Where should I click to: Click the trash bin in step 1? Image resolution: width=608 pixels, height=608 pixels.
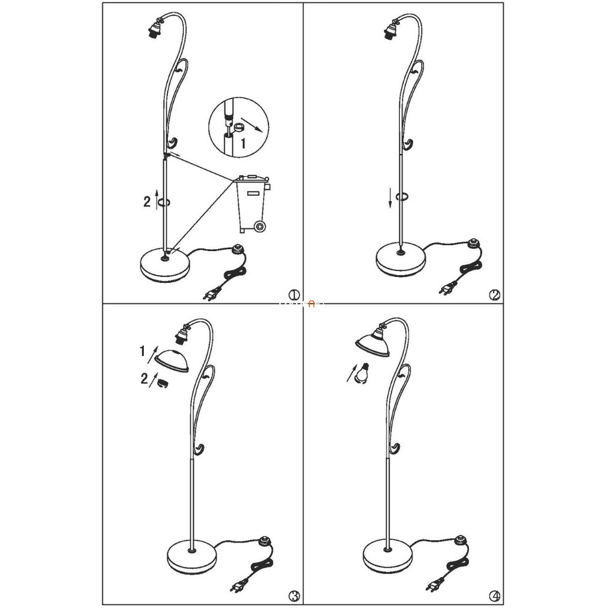click(x=252, y=204)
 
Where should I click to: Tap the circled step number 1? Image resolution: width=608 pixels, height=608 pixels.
click(x=294, y=296)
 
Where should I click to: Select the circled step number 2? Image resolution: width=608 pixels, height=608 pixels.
click(x=494, y=296)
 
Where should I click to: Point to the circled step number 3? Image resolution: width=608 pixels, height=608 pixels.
click(x=294, y=595)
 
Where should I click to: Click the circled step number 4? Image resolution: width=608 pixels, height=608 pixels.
click(x=494, y=595)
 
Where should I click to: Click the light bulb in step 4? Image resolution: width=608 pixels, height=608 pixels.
click(x=362, y=372)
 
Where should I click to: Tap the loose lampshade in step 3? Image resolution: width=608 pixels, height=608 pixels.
click(x=172, y=361)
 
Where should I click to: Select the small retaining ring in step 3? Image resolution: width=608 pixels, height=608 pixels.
click(x=163, y=384)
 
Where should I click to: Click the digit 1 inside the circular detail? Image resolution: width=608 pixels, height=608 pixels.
click(x=243, y=144)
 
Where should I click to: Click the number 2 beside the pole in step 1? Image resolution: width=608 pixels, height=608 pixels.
click(x=146, y=202)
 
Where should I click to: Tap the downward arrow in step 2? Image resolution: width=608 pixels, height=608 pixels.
click(x=391, y=198)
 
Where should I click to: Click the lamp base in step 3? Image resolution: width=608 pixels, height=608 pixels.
click(x=191, y=556)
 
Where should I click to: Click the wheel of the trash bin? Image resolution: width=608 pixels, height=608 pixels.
click(x=260, y=226)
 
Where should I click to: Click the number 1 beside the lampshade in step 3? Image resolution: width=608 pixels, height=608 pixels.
click(x=142, y=352)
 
